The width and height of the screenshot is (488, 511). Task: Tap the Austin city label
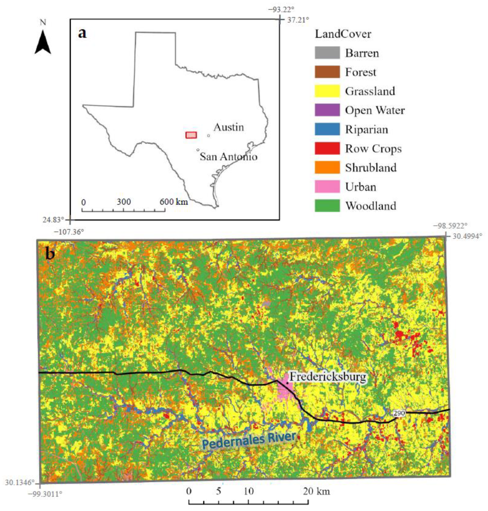click(x=229, y=127)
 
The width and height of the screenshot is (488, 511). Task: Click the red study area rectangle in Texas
click(x=191, y=135)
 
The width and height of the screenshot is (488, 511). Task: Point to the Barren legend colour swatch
click(x=327, y=53)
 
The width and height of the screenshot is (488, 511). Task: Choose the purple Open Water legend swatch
click(x=327, y=110)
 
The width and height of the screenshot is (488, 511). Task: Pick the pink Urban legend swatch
click(x=327, y=187)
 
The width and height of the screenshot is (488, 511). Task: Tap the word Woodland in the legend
click(x=371, y=206)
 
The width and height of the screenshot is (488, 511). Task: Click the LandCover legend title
click(x=343, y=34)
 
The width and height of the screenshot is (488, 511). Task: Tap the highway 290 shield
click(x=399, y=413)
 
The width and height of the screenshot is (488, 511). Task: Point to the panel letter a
click(x=82, y=33)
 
